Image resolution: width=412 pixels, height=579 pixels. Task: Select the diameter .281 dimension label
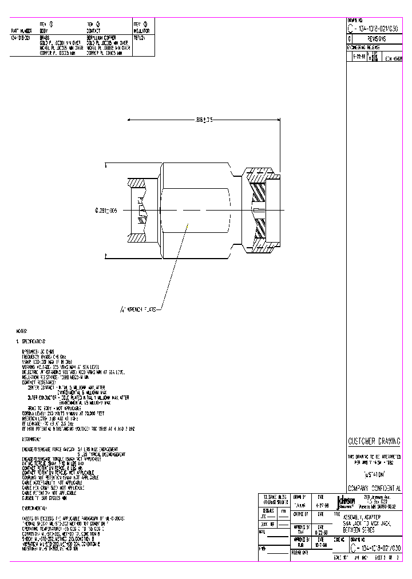(x=106, y=211)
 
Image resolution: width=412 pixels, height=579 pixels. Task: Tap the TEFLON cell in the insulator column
(x=140, y=38)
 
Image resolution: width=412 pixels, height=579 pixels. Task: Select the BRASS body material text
(x=45, y=38)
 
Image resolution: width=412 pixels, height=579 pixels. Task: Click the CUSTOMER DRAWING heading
(x=375, y=441)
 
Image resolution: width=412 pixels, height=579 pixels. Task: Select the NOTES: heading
(x=22, y=331)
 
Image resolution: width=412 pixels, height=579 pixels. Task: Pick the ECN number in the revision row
(x=394, y=58)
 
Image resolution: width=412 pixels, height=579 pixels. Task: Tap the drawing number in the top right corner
(x=375, y=29)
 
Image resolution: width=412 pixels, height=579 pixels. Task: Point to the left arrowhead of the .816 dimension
(x=129, y=120)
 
